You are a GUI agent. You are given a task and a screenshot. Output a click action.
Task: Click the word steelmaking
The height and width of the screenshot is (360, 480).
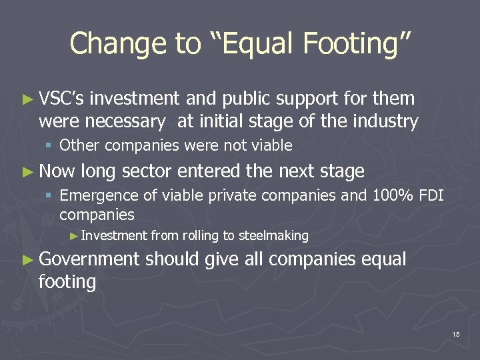[273, 235]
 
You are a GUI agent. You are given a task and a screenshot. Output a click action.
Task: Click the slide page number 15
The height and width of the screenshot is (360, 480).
[455, 334]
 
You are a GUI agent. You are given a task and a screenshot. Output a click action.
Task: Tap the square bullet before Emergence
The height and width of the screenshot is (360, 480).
[50, 195]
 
